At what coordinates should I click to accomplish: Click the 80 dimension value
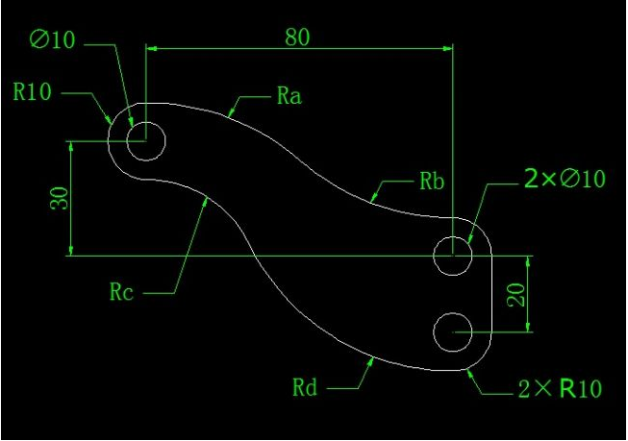[x=298, y=37]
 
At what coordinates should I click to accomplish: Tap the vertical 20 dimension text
[x=516, y=295]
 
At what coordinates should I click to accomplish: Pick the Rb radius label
[x=432, y=181]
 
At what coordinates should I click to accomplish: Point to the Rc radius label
[x=121, y=292]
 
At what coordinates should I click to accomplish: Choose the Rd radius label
[x=305, y=387]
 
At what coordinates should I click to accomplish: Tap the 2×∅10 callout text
[x=565, y=179]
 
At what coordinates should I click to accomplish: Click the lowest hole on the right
[x=453, y=332]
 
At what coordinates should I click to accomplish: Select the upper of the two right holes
[x=453, y=256]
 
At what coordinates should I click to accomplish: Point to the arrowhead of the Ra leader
[x=231, y=112]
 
